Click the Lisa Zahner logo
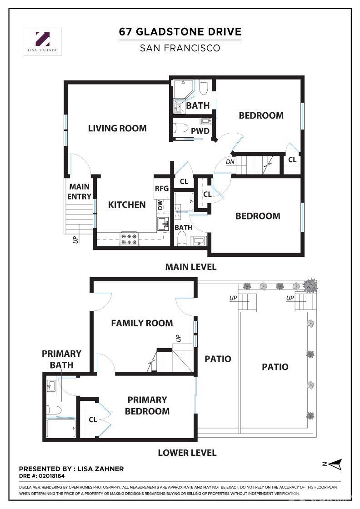[x=42, y=41]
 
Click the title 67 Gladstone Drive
[x=180, y=32]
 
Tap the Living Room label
[x=117, y=128]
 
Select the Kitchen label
[x=127, y=205]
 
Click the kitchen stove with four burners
[x=129, y=239]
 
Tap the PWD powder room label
[x=200, y=131]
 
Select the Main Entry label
[x=79, y=191]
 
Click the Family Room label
[x=142, y=323]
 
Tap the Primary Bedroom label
[x=147, y=405]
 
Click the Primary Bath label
[x=61, y=359]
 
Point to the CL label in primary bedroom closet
[x=93, y=420]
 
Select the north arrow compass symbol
[x=333, y=464]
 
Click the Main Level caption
[x=190, y=267]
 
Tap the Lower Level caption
[x=187, y=453]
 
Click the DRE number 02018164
[x=51, y=477]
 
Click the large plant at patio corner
[x=310, y=285]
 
